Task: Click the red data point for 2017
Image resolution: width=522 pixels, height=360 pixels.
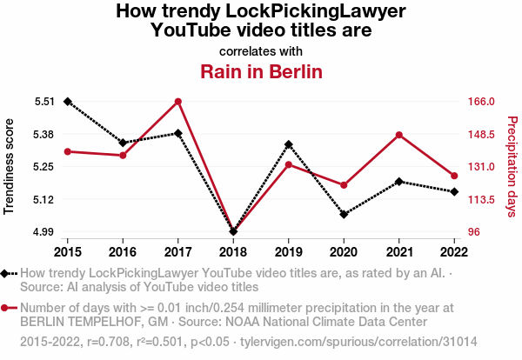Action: [x=177, y=102]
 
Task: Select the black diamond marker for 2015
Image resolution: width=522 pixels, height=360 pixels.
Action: [x=67, y=102]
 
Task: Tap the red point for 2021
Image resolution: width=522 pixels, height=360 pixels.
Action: [x=398, y=135]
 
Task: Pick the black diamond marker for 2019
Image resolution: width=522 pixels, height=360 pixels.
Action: [x=288, y=144]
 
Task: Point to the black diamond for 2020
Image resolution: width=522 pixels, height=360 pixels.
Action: [x=344, y=214]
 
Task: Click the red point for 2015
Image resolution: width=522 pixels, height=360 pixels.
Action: [x=67, y=151]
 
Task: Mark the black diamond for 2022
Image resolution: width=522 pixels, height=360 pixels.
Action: [x=454, y=191]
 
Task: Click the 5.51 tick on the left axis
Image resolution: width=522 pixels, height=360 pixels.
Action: [x=44, y=102]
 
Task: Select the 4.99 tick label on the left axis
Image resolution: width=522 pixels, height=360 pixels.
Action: [x=44, y=232]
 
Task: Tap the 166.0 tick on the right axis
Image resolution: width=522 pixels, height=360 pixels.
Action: [x=481, y=102]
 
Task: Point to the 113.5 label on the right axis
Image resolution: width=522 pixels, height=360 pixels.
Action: [x=481, y=200]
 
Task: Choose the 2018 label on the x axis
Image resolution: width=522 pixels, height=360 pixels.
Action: [x=233, y=251]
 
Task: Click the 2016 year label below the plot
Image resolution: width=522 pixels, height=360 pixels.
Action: [x=123, y=251]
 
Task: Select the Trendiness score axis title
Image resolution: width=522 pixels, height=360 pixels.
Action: [x=10, y=167]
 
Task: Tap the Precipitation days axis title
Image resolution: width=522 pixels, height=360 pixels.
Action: [x=512, y=167]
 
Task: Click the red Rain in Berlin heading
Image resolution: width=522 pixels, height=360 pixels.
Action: [x=261, y=71]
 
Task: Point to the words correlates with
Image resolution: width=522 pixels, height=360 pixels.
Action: [x=261, y=50]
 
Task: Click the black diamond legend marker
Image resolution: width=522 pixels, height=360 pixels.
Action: [x=9, y=274]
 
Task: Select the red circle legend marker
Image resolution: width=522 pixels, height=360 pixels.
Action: [x=9, y=308]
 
